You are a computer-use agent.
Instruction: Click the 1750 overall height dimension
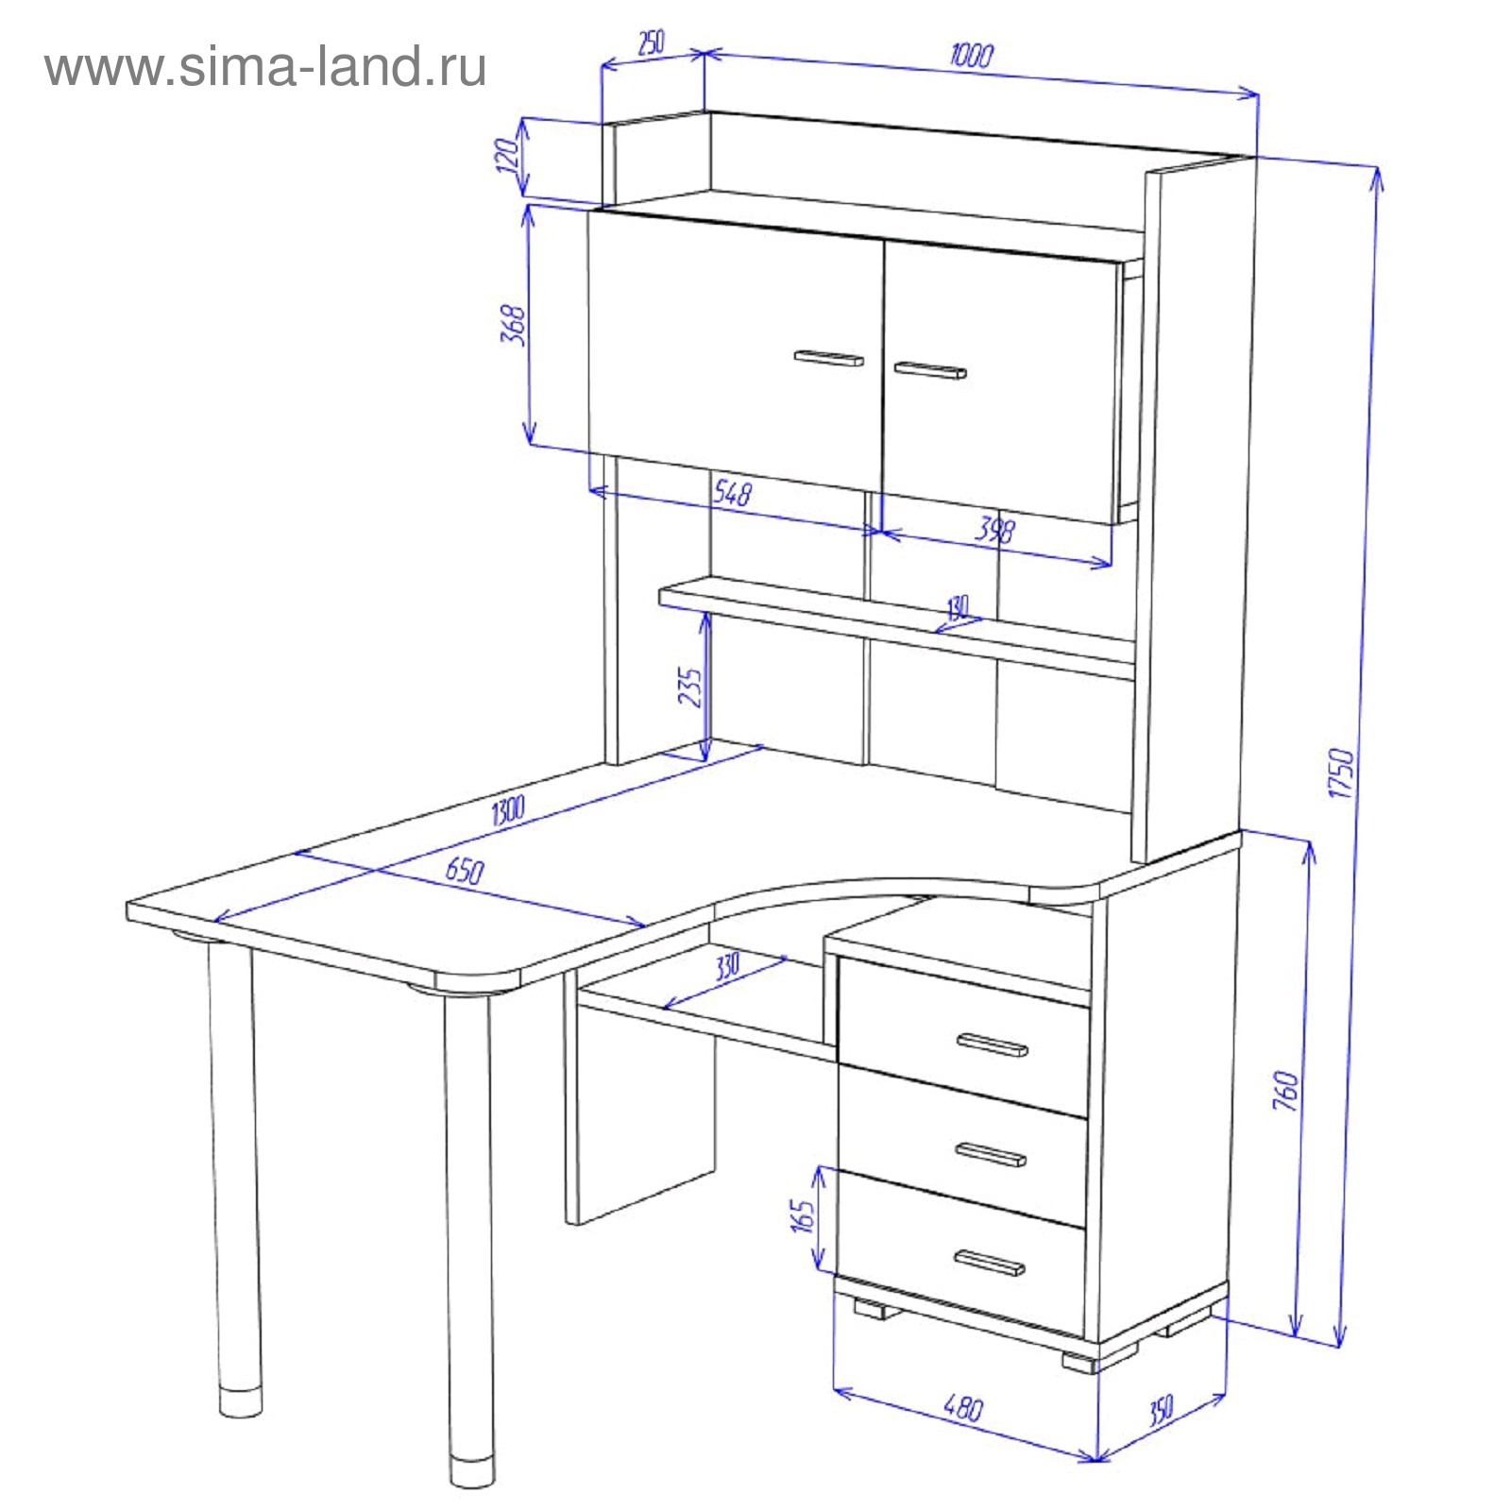(x=1341, y=773)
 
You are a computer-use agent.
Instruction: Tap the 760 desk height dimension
(x=1286, y=1090)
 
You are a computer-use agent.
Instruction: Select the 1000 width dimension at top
(x=971, y=56)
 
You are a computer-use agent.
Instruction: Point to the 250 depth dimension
(x=651, y=43)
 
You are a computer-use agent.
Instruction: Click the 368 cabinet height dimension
(x=513, y=324)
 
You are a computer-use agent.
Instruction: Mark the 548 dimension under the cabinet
(x=732, y=492)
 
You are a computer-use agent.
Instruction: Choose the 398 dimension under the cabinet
(x=994, y=529)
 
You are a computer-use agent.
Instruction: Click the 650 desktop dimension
(x=465, y=870)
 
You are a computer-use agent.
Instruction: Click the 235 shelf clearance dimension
(x=690, y=688)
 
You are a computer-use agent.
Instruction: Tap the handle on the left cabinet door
(x=829, y=358)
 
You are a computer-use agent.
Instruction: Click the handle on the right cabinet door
(x=930, y=369)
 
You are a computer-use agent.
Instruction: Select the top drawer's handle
(x=992, y=1044)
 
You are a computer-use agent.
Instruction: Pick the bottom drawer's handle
(x=989, y=1263)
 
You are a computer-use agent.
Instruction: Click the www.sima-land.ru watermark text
(x=265, y=68)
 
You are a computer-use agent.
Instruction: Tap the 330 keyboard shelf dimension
(x=726, y=967)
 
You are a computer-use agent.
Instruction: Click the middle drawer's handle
(x=990, y=1153)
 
